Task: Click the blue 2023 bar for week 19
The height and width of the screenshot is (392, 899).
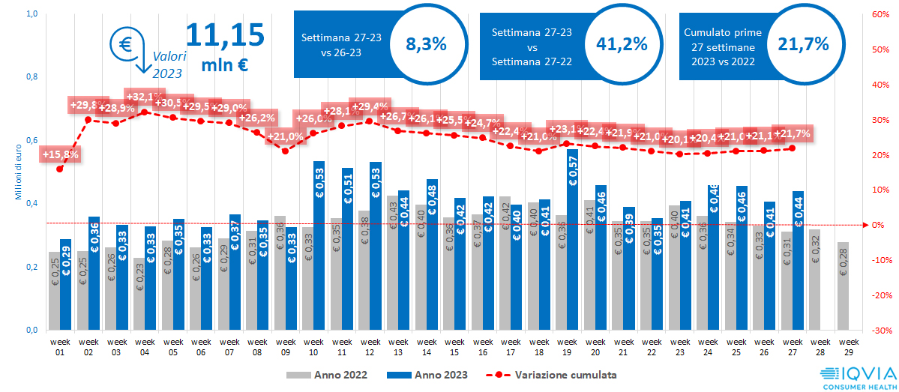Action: click(x=573, y=240)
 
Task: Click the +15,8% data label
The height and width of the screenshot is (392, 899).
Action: click(x=61, y=155)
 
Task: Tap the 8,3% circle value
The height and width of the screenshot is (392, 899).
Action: click(x=426, y=44)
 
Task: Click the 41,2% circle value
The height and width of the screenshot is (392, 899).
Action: click(x=622, y=44)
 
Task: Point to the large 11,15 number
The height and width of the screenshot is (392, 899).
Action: click(x=224, y=34)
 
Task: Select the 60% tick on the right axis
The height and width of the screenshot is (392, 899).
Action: click(x=880, y=14)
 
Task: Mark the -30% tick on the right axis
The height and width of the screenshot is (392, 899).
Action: click(x=880, y=331)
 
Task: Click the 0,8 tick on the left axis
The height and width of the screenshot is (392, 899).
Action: click(x=32, y=77)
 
